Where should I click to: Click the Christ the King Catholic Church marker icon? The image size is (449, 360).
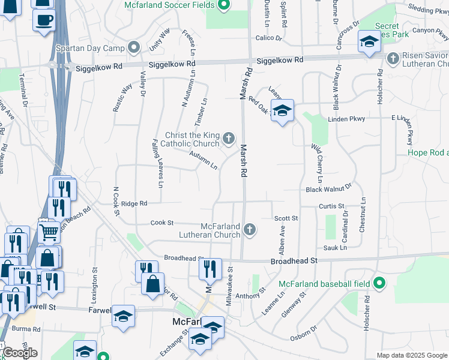pyautogui.click(x=228, y=139)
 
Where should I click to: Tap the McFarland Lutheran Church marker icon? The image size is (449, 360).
pyautogui.click(x=250, y=229)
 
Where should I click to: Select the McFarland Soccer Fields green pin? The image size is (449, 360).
pyautogui.click(x=223, y=5)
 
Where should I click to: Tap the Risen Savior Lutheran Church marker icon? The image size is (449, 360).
pyautogui.click(x=393, y=58)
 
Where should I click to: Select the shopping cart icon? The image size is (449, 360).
pyautogui.click(x=49, y=231)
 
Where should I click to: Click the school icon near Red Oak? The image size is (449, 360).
pyautogui.click(x=282, y=110)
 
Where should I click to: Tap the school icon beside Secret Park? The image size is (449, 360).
pyautogui.click(x=369, y=41)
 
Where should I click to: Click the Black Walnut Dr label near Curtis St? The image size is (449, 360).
pyautogui.click(x=328, y=189)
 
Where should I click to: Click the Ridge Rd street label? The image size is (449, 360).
pyautogui.click(x=134, y=203)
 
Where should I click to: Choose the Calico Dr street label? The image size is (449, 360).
pyautogui.click(x=268, y=37)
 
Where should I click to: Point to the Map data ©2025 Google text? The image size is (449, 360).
pyautogui.click(x=412, y=355)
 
